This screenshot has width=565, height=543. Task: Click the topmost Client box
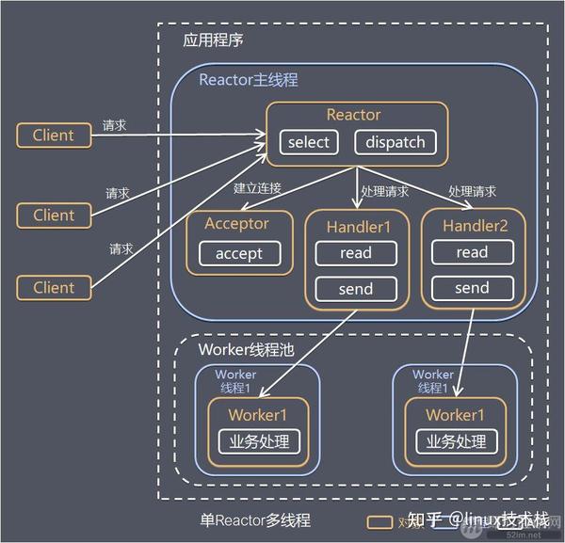(x=53, y=135)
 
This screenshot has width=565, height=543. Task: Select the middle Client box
(x=53, y=215)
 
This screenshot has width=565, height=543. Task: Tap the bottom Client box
(x=53, y=287)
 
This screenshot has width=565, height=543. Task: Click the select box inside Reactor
(x=309, y=142)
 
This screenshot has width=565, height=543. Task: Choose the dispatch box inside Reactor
(x=395, y=142)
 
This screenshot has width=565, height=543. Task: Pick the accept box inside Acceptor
(x=239, y=253)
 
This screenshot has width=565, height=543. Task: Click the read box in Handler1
(x=355, y=252)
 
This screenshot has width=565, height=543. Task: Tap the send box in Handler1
(x=355, y=289)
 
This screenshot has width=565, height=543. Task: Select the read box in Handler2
(x=472, y=251)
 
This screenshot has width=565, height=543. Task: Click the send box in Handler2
(x=472, y=288)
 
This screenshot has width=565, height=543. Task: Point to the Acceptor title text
(x=236, y=224)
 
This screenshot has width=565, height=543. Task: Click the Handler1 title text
(x=355, y=226)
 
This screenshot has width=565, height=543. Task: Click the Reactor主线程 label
(x=248, y=80)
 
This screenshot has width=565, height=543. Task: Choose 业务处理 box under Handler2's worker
(x=455, y=441)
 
